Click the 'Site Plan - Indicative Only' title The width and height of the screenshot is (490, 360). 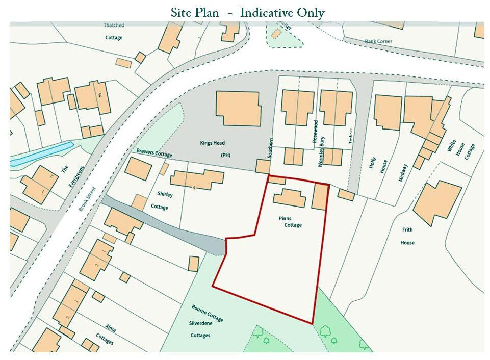click(x=247, y=13)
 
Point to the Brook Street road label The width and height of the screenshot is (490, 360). click(x=88, y=200)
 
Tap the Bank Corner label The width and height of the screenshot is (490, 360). click(x=377, y=41)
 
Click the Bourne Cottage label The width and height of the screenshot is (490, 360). click(x=208, y=313)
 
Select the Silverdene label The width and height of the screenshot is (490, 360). click(x=200, y=324)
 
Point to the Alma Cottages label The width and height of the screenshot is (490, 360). click(x=102, y=333)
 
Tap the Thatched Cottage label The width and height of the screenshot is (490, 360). click(x=114, y=31)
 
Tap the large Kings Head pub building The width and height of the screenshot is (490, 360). click(x=238, y=108)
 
